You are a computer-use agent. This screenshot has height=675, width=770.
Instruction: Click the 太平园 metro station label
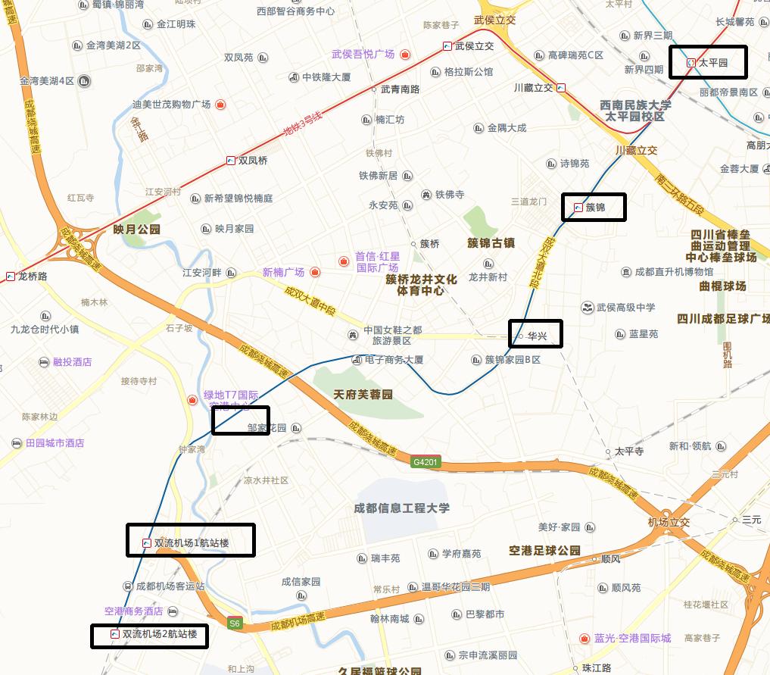pyautogui.click(x=712, y=63)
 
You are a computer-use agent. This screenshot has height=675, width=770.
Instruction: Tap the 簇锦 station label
pyautogui.click(x=595, y=207)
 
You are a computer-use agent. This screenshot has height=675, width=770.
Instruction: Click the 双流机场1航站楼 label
pyautogui.click(x=191, y=542)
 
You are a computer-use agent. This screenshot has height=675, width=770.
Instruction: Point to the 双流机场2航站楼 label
pyautogui.click(x=159, y=634)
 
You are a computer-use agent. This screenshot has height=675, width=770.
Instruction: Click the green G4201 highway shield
pyautogui.click(x=425, y=461)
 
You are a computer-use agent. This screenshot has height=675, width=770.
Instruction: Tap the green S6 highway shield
pyautogui.click(x=235, y=623)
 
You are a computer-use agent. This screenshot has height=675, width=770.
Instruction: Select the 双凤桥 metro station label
pyautogui.click(x=253, y=161)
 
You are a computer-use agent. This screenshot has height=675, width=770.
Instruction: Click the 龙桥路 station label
pyautogui.click(x=33, y=277)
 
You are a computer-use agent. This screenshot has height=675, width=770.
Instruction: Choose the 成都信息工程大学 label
pyautogui.click(x=401, y=508)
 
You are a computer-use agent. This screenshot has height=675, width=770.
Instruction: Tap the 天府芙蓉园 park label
pyautogui.click(x=363, y=395)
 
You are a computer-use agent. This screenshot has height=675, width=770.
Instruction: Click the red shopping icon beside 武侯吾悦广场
pyautogui.click(x=405, y=55)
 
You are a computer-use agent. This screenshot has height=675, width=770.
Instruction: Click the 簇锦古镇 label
pyautogui.click(x=491, y=243)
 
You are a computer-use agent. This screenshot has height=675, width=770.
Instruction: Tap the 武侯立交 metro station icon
pyautogui.click(x=448, y=46)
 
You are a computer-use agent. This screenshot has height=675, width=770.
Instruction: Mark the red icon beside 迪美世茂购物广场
pyautogui.click(x=220, y=105)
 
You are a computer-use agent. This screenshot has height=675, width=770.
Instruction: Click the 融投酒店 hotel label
pyautogui.click(x=72, y=362)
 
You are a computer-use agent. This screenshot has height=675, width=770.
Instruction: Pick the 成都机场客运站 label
pyautogui.click(x=170, y=586)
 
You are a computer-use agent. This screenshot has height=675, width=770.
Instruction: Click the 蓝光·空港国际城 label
pyautogui.click(x=633, y=639)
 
